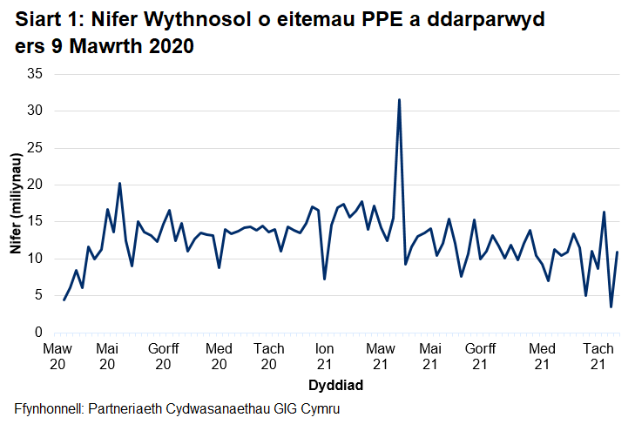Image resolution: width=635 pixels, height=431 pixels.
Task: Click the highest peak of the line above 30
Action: [399, 100]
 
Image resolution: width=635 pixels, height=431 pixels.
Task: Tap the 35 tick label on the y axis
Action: [36, 74]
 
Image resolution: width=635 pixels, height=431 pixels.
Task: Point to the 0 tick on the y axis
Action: [39, 333]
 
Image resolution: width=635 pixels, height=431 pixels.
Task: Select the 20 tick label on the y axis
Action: [36, 185]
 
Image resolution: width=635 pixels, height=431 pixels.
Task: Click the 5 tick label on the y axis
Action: [39, 296]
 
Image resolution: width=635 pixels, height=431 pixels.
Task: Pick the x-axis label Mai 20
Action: [108, 356]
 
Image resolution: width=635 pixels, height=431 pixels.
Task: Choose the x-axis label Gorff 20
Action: [163, 356]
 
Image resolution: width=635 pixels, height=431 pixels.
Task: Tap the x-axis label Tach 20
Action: [269, 356]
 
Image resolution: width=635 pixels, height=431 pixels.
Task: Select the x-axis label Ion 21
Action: [323, 356]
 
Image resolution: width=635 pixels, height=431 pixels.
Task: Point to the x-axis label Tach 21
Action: [598, 356]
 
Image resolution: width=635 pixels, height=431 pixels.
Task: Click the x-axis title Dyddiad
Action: [335, 384]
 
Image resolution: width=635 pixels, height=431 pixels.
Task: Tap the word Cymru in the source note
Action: [319, 409]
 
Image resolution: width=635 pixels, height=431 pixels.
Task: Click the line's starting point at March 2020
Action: [64, 300]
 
